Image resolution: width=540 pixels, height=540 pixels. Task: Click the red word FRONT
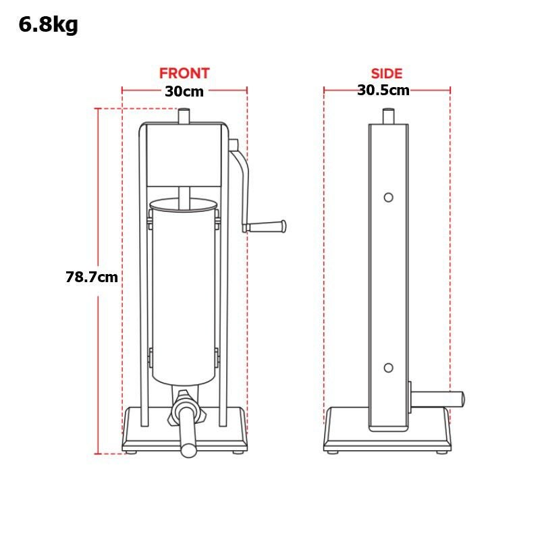point(184,73)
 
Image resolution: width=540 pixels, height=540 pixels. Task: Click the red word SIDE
point(387,74)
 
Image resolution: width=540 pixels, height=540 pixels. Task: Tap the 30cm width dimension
point(184,91)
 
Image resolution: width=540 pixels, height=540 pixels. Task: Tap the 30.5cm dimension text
point(383,90)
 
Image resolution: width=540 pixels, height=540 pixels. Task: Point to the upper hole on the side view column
point(388,197)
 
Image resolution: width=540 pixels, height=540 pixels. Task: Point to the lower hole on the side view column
point(388,368)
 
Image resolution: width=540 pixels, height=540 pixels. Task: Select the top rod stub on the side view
point(389,116)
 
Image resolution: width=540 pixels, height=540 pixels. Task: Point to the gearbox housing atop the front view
point(184,154)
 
